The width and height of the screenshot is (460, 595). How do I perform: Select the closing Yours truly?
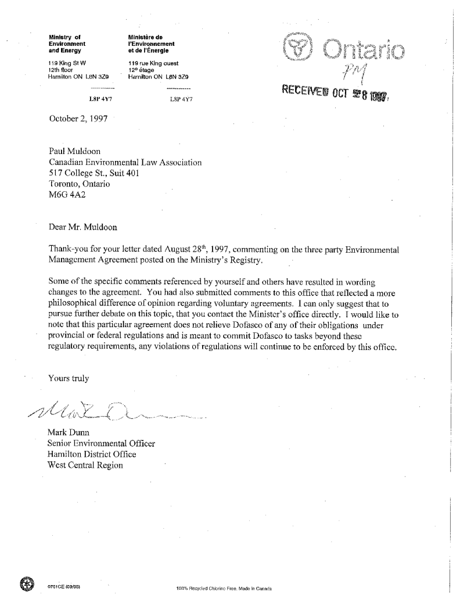point(69,379)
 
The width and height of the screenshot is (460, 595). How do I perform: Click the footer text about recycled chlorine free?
point(224,588)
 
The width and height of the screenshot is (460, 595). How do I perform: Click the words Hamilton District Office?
point(94,455)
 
